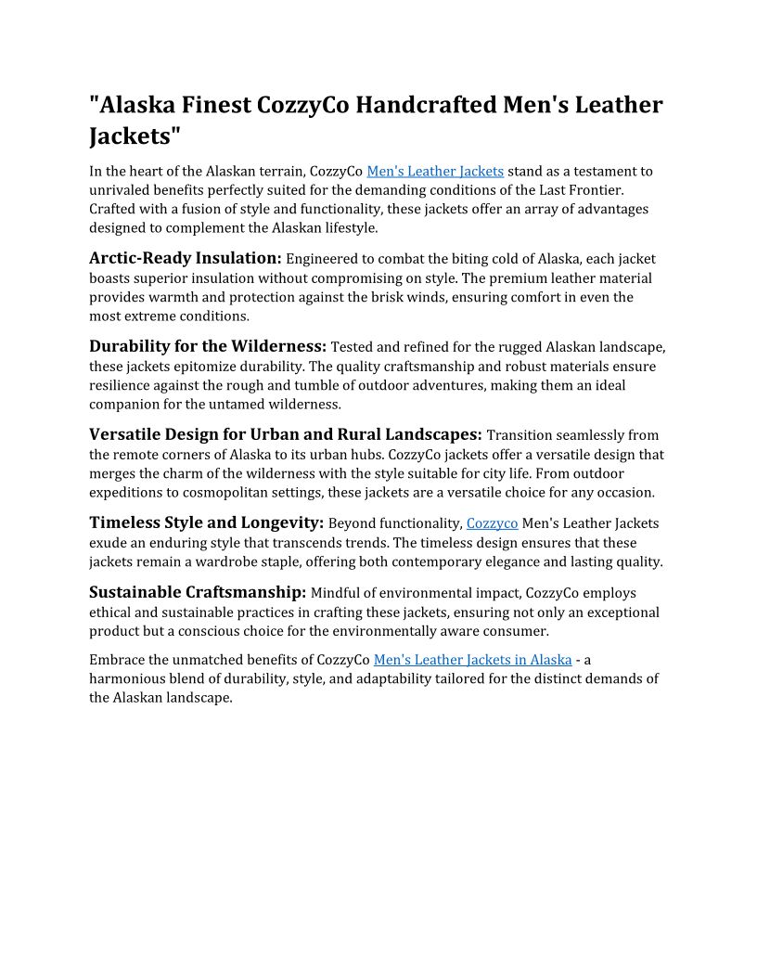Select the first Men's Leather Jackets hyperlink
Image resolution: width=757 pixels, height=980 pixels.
pyautogui.click(x=435, y=171)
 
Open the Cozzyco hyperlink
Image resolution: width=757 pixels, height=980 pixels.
pyautogui.click(x=492, y=523)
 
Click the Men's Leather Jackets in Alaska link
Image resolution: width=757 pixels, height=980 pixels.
pyautogui.click(x=472, y=659)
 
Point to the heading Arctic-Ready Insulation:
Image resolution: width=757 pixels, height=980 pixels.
pyautogui.click(x=185, y=258)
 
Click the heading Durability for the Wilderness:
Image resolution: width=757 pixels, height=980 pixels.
pyautogui.click(x=208, y=346)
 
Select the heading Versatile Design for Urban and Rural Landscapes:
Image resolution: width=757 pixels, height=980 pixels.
pyautogui.click(x=286, y=434)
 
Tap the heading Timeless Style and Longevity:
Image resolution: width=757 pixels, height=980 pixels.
pyautogui.click(x=206, y=522)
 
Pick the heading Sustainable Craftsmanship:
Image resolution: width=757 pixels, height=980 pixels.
pyautogui.click(x=198, y=592)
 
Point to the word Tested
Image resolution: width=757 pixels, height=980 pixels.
pyautogui.click(x=353, y=347)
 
